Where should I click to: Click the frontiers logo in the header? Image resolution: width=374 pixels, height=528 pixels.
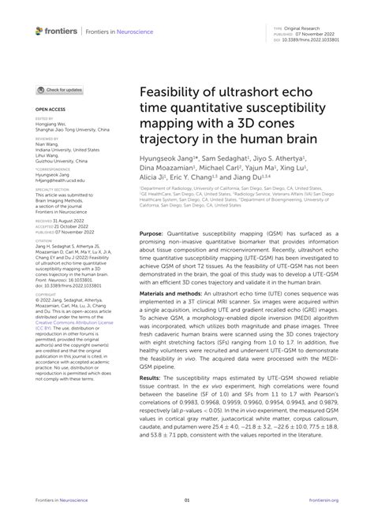[56, 31]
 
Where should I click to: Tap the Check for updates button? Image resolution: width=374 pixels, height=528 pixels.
[60, 91]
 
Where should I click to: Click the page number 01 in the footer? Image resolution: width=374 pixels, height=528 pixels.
[187, 500]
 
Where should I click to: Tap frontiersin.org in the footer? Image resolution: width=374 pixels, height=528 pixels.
[324, 500]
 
